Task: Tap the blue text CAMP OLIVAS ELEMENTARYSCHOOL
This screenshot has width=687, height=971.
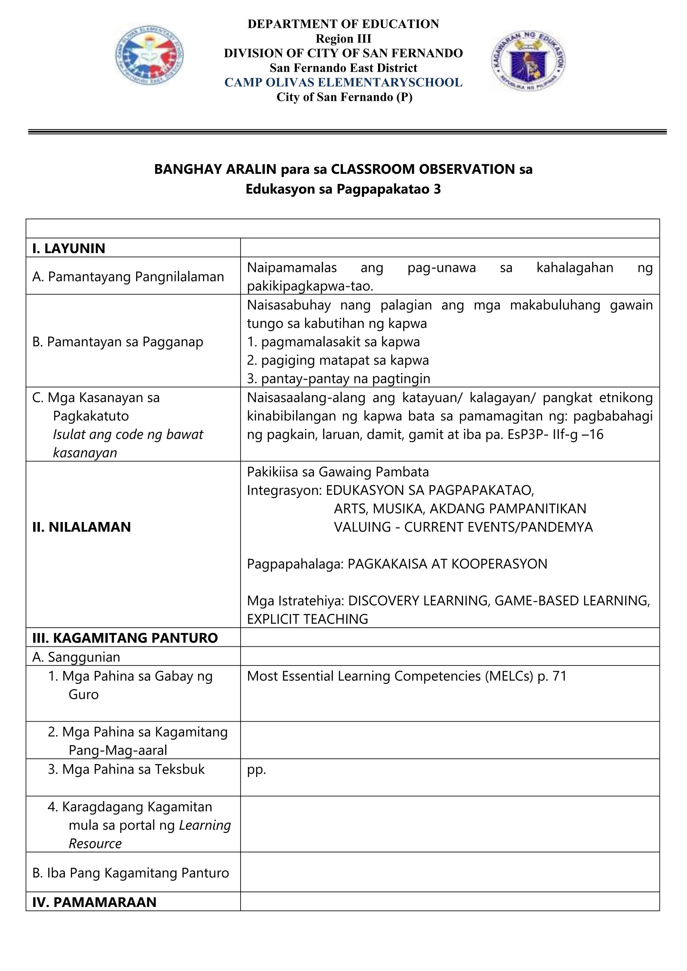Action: (x=343, y=82)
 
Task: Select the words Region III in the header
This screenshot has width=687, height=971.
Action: (x=343, y=39)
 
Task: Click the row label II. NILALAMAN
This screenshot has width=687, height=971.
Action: (x=82, y=527)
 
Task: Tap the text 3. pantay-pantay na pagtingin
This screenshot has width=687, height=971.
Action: (x=338, y=379)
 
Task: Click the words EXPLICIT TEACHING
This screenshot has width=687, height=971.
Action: (x=308, y=619)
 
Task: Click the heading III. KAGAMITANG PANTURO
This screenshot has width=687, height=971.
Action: (x=125, y=638)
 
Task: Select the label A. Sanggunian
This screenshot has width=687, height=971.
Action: (x=76, y=657)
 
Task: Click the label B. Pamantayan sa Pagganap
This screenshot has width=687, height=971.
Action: (x=118, y=342)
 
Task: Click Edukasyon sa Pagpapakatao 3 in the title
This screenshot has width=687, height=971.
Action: (x=343, y=189)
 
